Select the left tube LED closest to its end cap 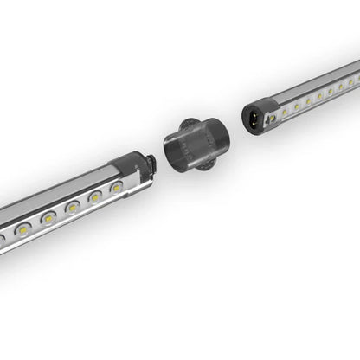[x=115, y=186]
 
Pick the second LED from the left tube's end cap [x=94, y=196]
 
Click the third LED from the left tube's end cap [x=73, y=207]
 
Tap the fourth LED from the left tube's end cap [x=49, y=219]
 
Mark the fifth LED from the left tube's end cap [x=23, y=230]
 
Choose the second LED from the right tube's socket [x=297, y=107]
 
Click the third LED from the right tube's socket [x=309, y=101]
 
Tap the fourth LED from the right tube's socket [x=319, y=96]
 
